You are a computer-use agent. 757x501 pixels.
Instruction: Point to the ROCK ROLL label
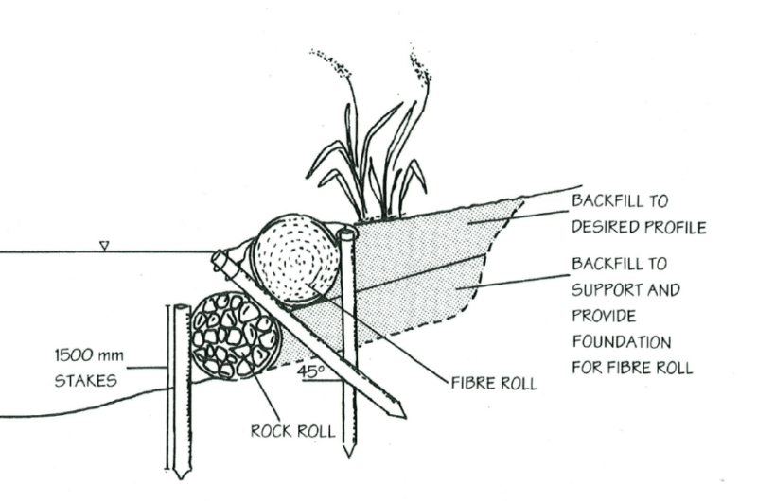[292, 431]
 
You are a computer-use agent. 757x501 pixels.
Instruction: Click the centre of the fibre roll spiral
[295, 262]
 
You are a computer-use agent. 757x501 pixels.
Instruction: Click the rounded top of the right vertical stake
[347, 233]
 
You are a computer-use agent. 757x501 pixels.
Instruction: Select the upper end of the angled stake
[219, 258]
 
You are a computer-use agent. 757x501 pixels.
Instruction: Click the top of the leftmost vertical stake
[180, 307]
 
